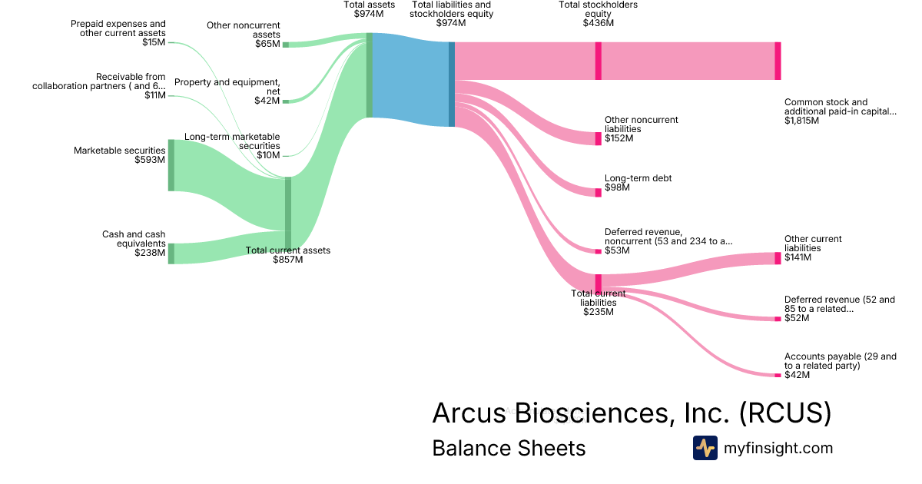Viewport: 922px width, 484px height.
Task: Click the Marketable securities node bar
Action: [x=171, y=165]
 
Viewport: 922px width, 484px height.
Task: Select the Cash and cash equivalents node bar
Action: [x=171, y=254]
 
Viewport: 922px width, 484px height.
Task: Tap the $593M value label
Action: [x=150, y=161]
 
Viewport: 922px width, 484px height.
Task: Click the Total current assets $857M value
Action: [x=287, y=260]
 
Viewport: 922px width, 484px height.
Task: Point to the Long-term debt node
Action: [x=599, y=192]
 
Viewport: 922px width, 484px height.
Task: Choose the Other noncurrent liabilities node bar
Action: [x=599, y=138]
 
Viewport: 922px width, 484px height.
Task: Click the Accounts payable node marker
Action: [x=778, y=375]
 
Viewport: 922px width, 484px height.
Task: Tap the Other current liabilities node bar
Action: [x=778, y=258]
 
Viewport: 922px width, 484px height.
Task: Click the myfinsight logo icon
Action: [x=705, y=448]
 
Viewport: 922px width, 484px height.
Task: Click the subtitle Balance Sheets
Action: [x=509, y=448]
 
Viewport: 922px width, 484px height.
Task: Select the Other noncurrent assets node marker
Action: [x=286, y=45]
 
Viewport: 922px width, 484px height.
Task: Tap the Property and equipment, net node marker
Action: [x=286, y=101]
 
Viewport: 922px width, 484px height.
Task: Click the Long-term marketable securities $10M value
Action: [x=268, y=155]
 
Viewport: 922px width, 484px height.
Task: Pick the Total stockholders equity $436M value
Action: [x=598, y=23]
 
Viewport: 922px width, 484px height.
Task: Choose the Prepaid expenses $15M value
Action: [x=154, y=42]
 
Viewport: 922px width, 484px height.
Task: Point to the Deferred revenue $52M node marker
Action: [x=778, y=318]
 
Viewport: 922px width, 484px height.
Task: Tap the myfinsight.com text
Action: [x=778, y=448]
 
